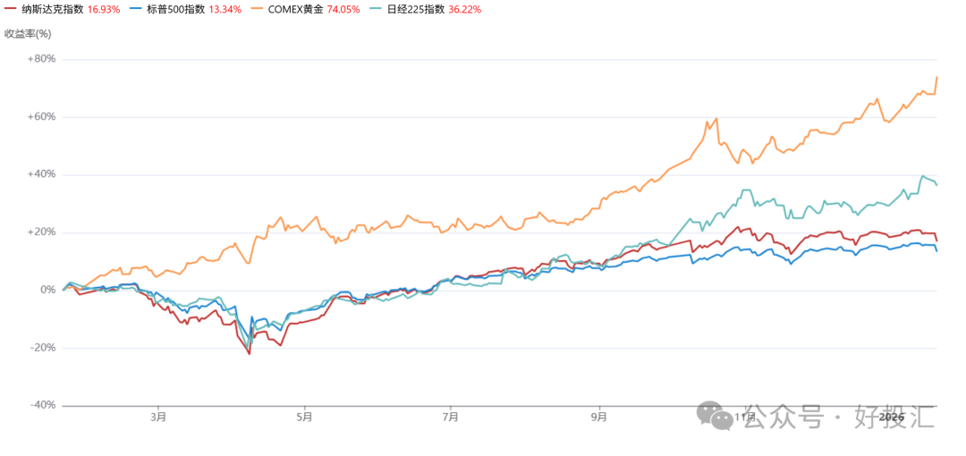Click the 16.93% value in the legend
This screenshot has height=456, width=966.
[104, 9]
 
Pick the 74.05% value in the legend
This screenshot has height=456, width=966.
[349, 9]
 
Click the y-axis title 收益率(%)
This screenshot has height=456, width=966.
[29, 34]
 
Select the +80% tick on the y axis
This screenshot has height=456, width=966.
[40, 59]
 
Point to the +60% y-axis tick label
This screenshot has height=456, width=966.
[40, 117]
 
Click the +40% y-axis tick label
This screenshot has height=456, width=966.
[40, 174]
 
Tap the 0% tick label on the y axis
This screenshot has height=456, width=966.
[47, 290]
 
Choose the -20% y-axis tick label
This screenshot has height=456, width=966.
[40, 348]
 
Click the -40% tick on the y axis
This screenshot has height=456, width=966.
[40, 405]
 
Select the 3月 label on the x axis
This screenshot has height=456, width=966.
[158, 417]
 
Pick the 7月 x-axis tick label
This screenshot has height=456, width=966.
[451, 417]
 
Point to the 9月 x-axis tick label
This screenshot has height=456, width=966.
[598, 417]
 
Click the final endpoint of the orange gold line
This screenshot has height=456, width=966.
[936, 77]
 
